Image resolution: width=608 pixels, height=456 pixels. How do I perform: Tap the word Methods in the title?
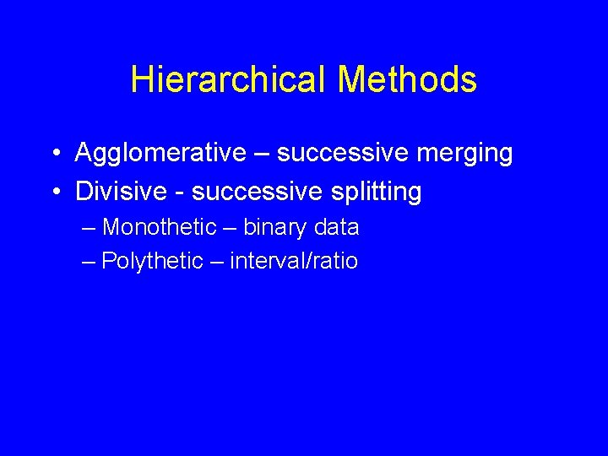point(407,80)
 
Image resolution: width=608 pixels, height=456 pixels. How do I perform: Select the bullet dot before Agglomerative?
point(53,154)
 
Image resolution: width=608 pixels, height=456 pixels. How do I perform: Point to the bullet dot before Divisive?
point(53,193)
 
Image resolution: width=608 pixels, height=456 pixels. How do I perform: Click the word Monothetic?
point(160,228)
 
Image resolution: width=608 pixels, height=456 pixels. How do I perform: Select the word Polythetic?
point(153,262)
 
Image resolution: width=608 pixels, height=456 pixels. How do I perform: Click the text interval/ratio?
point(294,262)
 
